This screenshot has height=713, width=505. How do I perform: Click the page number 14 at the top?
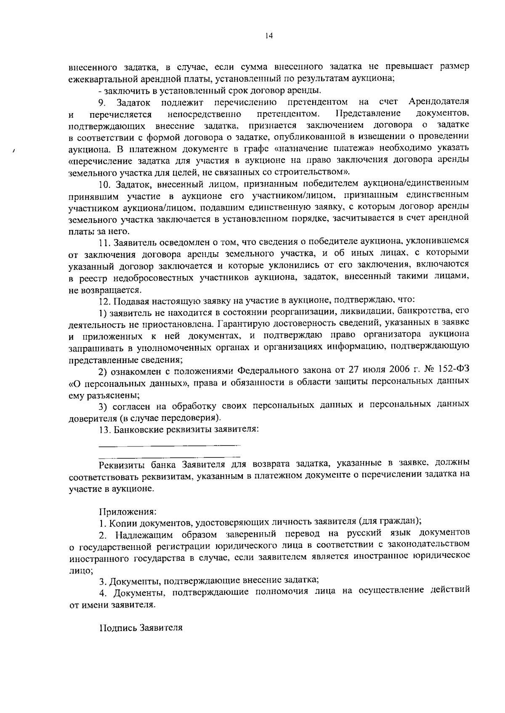[x=269, y=36]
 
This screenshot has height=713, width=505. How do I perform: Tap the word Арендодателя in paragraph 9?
[x=439, y=102]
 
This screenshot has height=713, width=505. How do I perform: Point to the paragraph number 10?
[x=104, y=184]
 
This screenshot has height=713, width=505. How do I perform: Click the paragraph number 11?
[x=104, y=242]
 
